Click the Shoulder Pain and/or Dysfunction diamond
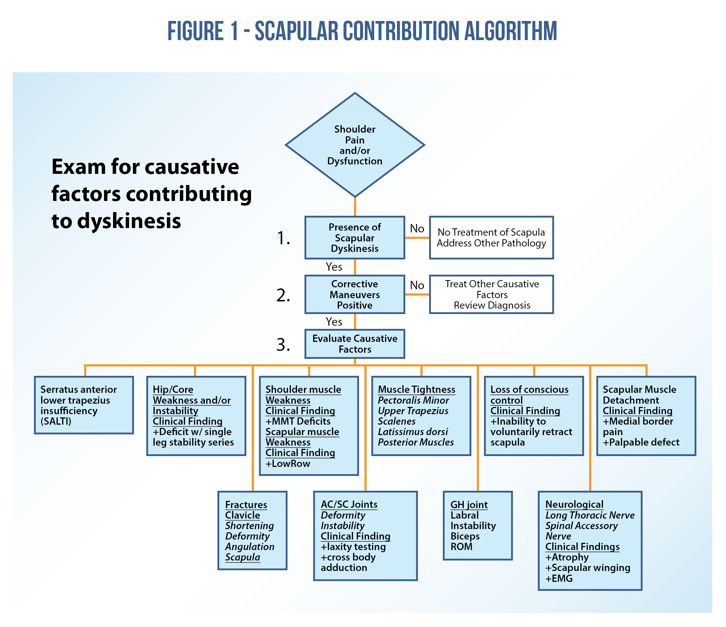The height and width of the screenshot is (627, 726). click(355, 145)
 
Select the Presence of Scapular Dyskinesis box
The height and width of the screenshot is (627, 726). click(355, 238)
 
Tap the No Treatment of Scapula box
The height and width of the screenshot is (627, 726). click(491, 238)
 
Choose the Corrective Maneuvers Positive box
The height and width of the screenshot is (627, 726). click(355, 295)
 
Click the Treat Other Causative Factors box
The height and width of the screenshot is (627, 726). click(491, 295)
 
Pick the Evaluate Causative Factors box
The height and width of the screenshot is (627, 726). click(355, 344)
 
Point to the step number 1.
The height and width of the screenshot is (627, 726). click(284, 239)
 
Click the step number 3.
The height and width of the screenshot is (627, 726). click(284, 345)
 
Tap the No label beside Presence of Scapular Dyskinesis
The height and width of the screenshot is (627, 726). click(417, 228)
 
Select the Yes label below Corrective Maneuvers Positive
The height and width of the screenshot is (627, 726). click(334, 322)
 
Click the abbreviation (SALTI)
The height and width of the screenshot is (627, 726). click(56, 421)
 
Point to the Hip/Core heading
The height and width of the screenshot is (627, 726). click(173, 390)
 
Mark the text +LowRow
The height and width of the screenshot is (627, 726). click(288, 464)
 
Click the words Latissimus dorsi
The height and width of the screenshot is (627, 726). click(413, 432)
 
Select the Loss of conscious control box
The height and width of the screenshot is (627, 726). click(534, 416)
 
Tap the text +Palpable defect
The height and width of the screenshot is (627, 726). click(641, 442)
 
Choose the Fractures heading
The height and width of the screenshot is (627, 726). click(246, 505)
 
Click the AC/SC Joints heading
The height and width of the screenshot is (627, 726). click(349, 504)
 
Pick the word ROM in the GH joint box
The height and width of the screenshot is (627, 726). click(462, 547)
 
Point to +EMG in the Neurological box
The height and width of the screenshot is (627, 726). click(559, 579)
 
